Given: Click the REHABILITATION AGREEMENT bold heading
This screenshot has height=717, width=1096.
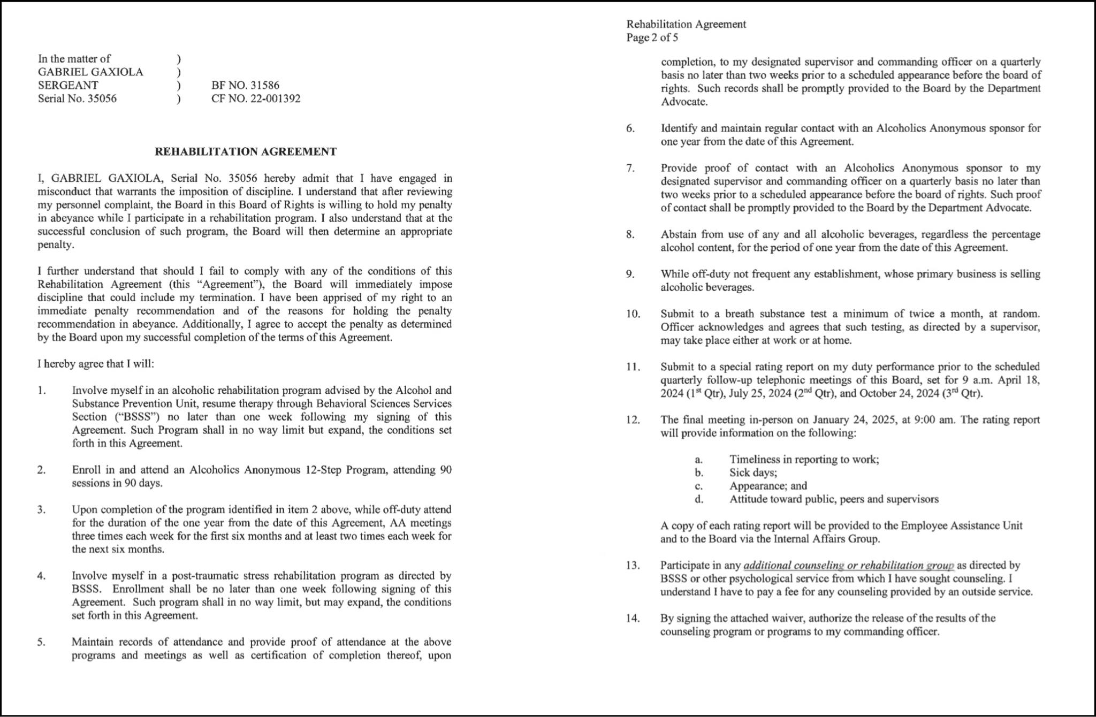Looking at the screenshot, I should click(x=246, y=152).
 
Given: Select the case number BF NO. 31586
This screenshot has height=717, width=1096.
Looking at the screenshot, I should click(x=245, y=86).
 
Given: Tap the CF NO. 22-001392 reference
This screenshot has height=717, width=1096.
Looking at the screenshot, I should click(x=256, y=99).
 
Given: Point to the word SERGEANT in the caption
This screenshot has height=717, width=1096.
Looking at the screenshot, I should click(x=68, y=86).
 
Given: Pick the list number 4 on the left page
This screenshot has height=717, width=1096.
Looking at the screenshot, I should click(x=41, y=576).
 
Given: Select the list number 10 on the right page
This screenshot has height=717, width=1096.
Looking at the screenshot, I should click(x=633, y=314).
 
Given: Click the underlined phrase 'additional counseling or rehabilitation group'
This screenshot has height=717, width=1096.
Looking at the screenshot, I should click(x=848, y=566).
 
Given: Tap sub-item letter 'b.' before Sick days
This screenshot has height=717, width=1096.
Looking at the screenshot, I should click(x=699, y=473).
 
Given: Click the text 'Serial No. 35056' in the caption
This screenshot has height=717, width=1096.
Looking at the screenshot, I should click(x=77, y=99).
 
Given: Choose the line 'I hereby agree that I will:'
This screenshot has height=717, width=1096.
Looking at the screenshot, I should click(x=96, y=364).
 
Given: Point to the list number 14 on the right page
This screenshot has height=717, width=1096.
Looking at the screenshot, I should click(x=633, y=619).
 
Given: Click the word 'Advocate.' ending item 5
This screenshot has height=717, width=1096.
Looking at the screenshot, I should click(x=684, y=102).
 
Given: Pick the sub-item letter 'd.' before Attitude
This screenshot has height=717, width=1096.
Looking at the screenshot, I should click(x=699, y=500).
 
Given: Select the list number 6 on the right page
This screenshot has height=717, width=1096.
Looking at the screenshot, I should click(x=630, y=129).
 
